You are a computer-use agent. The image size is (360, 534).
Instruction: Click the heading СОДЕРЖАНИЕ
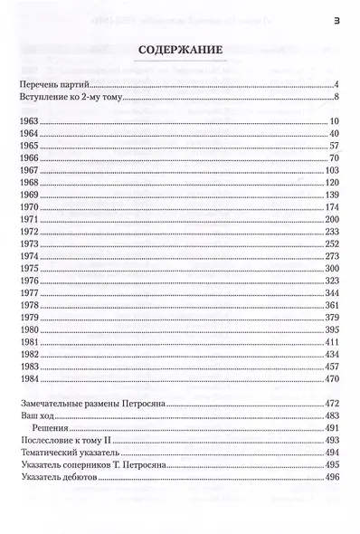pos(180,53)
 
